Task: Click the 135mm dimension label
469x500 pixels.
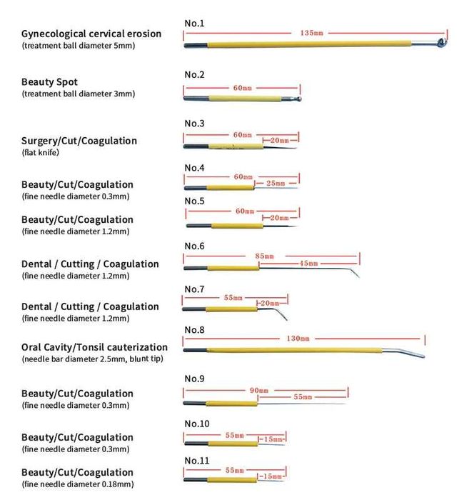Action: tap(311, 33)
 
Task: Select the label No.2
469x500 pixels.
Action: tap(195, 75)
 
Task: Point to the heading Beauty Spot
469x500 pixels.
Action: tap(49, 82)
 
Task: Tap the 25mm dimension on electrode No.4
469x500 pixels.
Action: tap(276, 184)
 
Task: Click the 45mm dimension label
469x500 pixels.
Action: tap(308, 264)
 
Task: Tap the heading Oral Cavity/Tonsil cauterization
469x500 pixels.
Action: tap(94, 347)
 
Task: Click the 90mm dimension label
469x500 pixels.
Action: tap(259, 391)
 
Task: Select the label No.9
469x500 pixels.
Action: tap(195, 378)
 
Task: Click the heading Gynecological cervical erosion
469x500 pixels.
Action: tap(91, 34)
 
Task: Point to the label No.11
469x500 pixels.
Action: tap(197, 461)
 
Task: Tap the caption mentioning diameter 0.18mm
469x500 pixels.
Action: tap(77, 484)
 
